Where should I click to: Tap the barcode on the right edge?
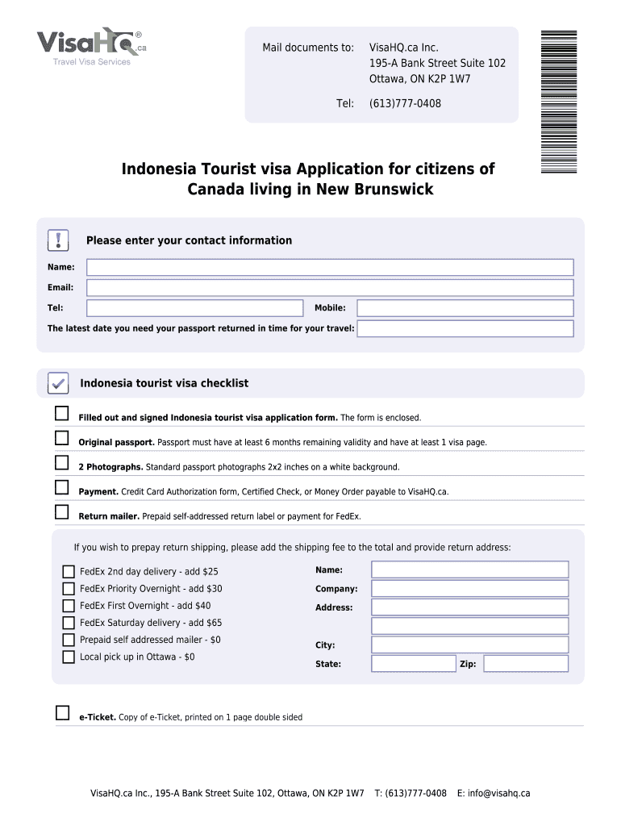[558, 101]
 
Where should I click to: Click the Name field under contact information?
[330, 267]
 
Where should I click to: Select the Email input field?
[330, 288]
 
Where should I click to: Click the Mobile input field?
[465, 308]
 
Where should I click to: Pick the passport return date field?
[465, 328]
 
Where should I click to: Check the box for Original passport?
[62, 438]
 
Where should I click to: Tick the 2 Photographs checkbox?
[62, 462]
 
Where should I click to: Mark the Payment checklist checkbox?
[62, 487]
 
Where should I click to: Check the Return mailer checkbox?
[62, 511]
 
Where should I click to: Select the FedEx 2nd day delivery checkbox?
[69, 572]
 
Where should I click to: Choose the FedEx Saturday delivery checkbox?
[69, 623]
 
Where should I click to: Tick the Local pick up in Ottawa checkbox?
[69, 657]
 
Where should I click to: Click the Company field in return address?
[469, 588]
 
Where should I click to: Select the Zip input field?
[526, 664]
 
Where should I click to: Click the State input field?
[413, 664]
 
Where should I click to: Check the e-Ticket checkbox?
[62, 712]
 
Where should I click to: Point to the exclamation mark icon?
[58, 240]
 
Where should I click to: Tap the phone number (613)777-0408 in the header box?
[405, 104]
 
